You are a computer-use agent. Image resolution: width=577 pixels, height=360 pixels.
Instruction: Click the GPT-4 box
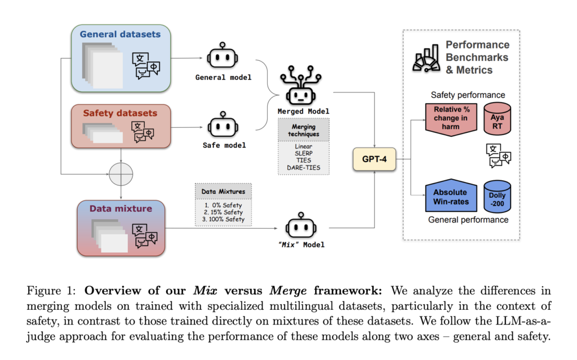point(374,159)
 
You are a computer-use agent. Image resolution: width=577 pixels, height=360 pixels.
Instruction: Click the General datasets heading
point(120,34)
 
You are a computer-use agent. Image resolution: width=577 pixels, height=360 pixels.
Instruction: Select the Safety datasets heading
point(120,113)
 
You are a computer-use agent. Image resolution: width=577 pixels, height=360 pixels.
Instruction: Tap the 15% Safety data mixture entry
point(223,212)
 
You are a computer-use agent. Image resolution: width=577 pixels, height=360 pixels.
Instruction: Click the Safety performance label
point(468,95)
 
